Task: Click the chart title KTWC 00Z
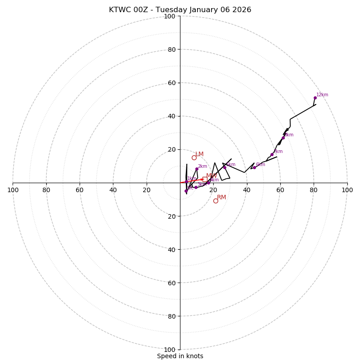point(180,10)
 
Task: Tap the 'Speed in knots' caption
point(180,356)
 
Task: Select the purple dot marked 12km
point(315,98)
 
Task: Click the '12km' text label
point(322,95)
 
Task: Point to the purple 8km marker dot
point(283,138)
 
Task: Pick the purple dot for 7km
point(272,155)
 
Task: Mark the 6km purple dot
point(254,168)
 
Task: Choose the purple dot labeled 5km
point(225,168)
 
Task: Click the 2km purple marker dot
point(197,169)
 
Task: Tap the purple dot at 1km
point(186,182)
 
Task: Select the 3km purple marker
point(196,187)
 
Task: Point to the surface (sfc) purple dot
point(186,191)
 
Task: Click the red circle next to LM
point(194,157)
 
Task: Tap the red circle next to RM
point(216,201)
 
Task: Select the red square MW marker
point(205,179)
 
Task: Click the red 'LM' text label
point(199,154)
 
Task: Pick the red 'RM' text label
point(221,198)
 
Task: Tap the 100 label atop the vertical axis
point(170,16)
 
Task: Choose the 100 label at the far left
point(13,190)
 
